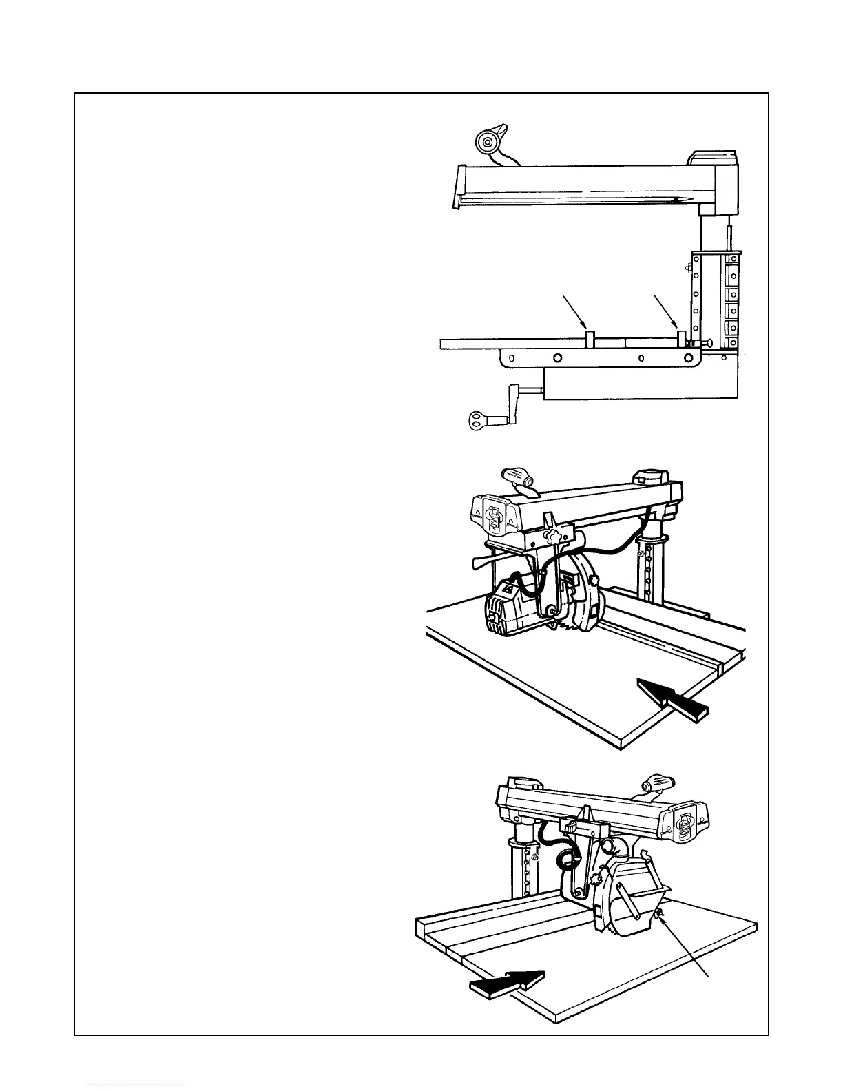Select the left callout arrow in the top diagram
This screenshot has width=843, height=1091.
(x=574, y=311)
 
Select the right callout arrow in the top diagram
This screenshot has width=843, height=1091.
(x=664, y=311)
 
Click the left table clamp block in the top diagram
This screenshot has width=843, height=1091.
(x=590, y=338)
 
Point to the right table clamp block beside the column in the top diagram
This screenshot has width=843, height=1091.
(x=682, y=338)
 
